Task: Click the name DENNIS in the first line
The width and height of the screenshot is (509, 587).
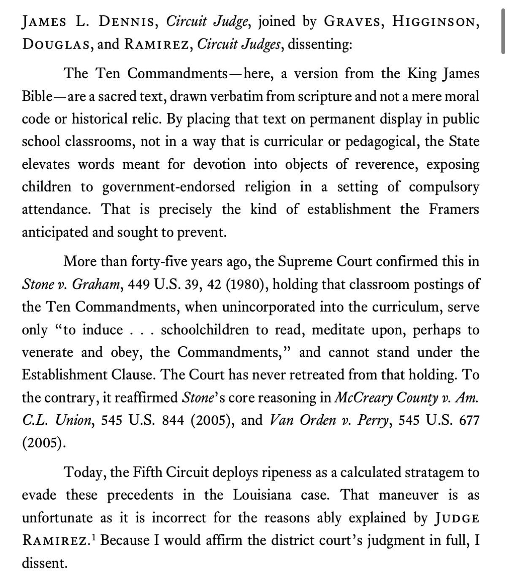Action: tap(126, 21)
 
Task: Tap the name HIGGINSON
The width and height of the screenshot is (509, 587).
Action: tap(436, 21)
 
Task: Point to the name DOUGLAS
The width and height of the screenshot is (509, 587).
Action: tap(55, 44)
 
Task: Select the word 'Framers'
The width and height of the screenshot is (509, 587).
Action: tap(454, 209)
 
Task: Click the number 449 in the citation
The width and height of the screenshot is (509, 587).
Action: tap(138, 284)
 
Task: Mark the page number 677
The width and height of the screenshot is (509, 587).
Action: tap(469, 420)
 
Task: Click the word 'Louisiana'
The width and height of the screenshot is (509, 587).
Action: tap(262, 495)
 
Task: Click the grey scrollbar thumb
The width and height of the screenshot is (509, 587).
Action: tap(503, 32)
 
